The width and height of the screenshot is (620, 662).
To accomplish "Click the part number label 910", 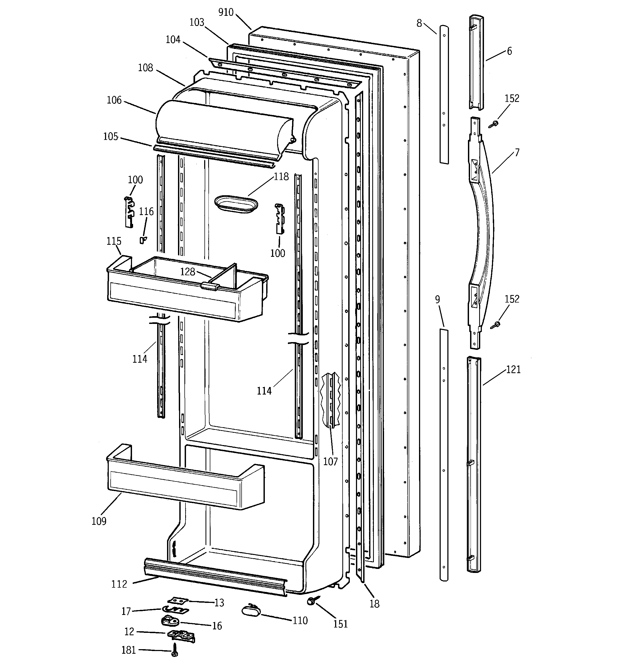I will (226, 12).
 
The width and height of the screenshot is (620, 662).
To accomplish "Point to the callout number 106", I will (114, 100).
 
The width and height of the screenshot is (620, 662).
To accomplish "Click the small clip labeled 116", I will (143, 240).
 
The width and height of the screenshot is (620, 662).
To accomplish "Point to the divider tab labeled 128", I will (210, 285).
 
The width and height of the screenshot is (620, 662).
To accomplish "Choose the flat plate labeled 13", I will (178, 600).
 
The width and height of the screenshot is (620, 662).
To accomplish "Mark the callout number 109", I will (99, 521).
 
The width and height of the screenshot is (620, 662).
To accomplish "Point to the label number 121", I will (513, 369).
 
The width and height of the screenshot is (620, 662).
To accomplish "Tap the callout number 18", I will (374, 604).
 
